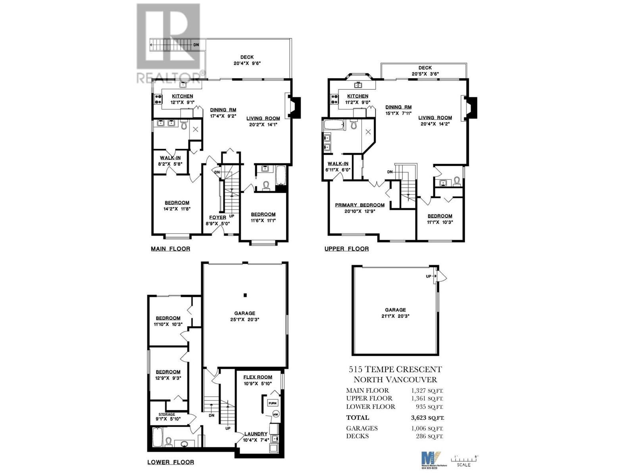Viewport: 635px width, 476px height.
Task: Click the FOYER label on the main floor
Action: [217, 217]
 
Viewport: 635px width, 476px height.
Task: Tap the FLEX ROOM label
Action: [258, 377]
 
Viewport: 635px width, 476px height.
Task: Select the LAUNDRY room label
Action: [256, 434]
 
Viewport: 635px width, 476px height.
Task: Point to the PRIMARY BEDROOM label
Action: [360, 205]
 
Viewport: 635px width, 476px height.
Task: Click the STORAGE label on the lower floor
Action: [167, 414]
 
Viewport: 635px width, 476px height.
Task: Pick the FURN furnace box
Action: [272, 403]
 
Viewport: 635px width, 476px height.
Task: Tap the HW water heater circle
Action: [276, 415]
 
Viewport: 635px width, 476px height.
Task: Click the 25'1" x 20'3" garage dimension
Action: [245, 319]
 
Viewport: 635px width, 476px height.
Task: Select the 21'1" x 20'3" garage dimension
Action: [395, 316]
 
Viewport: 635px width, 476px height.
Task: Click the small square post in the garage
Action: [245, 295]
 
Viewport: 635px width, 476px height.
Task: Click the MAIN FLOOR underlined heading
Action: [170, 249]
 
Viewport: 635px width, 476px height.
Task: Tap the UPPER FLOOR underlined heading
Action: [346, 249]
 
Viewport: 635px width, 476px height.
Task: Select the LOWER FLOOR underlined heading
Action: [171, 462]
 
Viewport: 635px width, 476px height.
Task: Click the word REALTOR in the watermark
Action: [168, 77]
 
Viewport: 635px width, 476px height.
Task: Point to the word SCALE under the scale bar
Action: [464, 465]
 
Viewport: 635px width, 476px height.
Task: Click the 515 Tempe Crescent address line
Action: [395, 369]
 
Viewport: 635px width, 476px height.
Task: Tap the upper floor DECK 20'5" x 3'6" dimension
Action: [425, 74]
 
